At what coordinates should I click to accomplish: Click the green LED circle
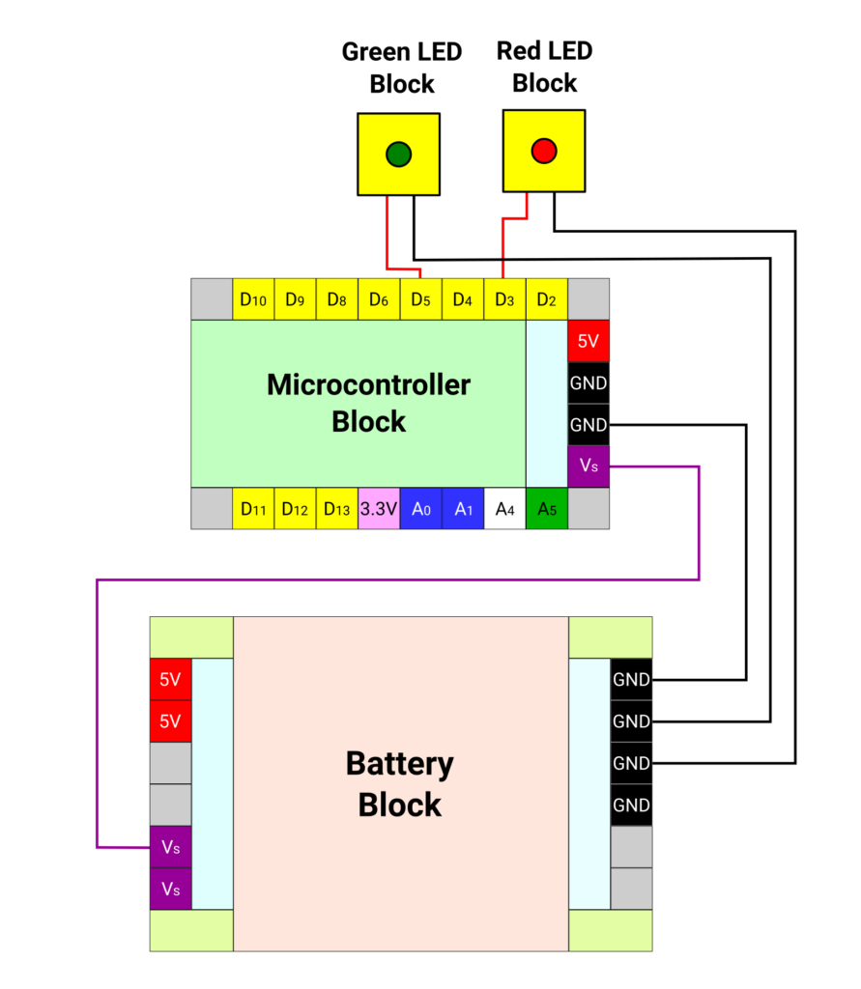(398, 154)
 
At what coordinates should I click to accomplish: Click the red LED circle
(544, 151)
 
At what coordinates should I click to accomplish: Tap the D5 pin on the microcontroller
(420, 299)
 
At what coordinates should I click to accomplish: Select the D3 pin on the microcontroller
(504, 299)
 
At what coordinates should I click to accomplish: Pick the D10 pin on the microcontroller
(253, 299)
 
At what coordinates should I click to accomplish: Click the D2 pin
(546, 299)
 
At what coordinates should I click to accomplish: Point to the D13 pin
(337, 508)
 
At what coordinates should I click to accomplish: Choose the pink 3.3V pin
(379, 508)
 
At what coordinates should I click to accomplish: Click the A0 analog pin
(420, 508)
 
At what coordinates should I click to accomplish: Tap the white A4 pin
(504, 508)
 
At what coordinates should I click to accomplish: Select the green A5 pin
(546, 508)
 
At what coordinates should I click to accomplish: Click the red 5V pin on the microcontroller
(588, 341)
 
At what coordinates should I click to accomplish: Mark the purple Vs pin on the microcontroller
(588, 466)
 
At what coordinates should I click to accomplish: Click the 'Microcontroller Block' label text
(368, 403)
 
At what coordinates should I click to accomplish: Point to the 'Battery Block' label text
(399, 784)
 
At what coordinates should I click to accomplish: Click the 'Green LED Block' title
(402, 68)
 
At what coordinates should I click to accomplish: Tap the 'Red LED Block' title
(544, 67)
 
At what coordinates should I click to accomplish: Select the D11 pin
(253, 508)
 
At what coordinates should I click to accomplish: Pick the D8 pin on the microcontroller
(337, 299)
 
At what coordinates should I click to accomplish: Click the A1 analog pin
(463, 508)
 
